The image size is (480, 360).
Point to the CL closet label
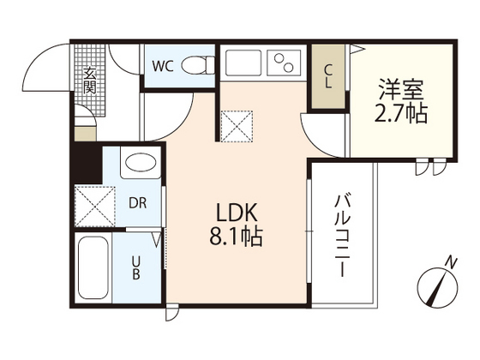click(x=328, y=76)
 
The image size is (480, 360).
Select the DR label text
click(x=136, y=204)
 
